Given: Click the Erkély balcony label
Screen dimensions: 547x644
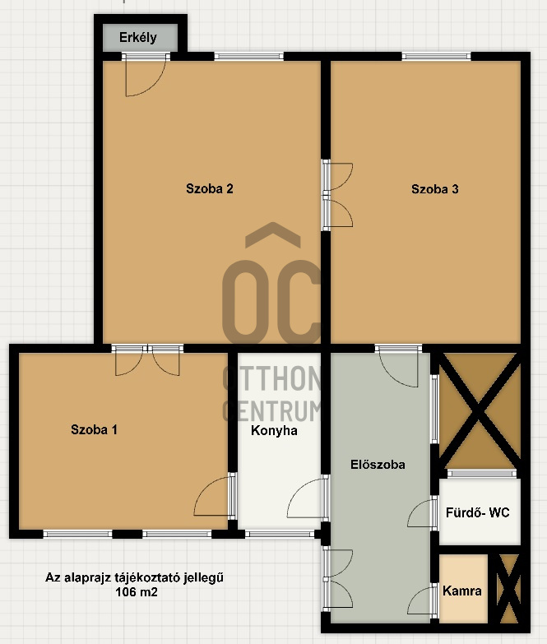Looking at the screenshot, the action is point(138,38).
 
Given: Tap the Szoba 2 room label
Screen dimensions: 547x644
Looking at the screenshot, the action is point(210,188).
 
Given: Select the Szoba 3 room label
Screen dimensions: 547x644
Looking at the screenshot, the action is point(435,189).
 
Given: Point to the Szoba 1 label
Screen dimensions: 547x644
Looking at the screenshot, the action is point(94,429).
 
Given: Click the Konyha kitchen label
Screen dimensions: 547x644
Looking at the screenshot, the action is point(274,430).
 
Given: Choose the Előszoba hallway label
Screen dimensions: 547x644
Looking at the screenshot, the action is point(378,465).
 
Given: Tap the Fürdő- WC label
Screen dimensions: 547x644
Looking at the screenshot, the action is point(478,512).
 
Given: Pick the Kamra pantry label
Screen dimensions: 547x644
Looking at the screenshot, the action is point(462,591).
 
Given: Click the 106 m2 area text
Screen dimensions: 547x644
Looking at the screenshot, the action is point(137,592).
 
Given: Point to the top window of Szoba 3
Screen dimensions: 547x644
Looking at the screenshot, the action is point(436,56).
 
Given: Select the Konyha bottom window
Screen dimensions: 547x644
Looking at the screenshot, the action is point(280,534).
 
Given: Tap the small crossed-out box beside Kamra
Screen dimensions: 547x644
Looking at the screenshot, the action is point(509,589).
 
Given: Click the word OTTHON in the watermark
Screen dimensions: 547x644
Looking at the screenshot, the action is point(271,378).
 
